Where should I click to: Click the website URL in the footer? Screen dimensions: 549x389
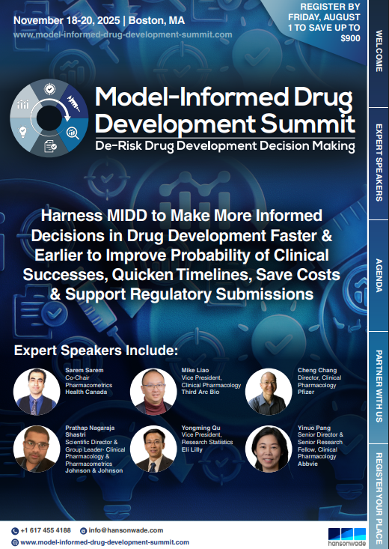click(x=104, y=542)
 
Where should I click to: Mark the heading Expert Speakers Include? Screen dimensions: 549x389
click(x=97, y=350)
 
